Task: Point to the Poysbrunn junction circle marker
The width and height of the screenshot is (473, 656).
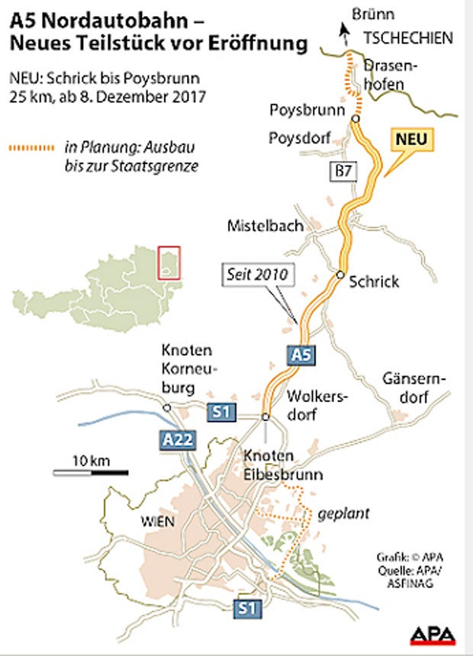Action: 355,120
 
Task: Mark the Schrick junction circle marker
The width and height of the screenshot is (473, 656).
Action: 340,274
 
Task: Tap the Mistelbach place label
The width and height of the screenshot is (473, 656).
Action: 265,226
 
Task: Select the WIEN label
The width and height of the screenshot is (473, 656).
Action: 156,523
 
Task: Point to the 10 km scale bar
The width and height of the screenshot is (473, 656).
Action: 90,472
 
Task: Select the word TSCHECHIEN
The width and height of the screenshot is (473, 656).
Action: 408,37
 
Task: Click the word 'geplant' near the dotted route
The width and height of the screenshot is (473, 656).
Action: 345,513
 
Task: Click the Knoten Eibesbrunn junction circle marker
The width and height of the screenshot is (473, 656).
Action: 265,417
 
